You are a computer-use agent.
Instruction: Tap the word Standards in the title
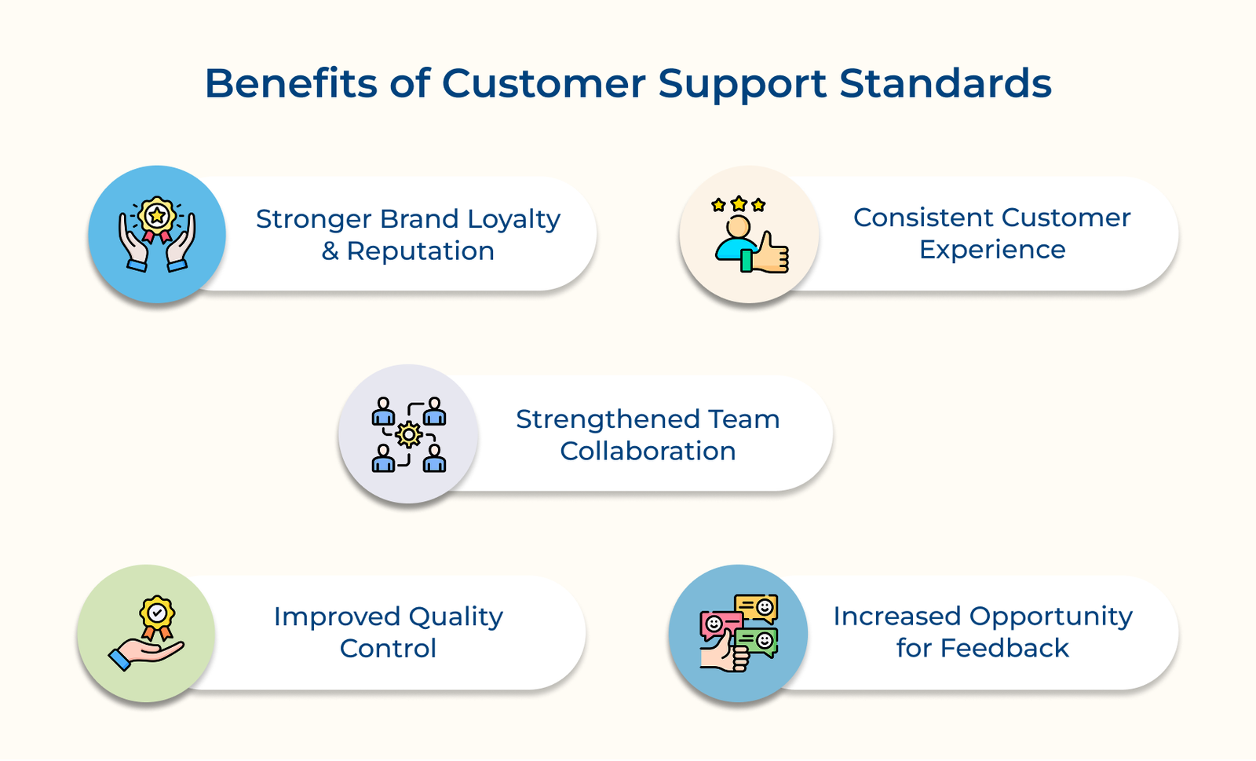(945, 83)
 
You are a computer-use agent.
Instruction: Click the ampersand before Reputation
(330, 251)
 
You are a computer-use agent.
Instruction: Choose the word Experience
(992, 250)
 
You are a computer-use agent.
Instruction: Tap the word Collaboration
(648, 452)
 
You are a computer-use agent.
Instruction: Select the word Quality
(455, 617)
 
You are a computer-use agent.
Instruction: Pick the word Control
(388, 649)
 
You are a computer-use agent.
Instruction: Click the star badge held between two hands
(157, 216)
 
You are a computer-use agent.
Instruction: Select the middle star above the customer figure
(738, 204)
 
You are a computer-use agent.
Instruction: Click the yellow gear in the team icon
(408, 434)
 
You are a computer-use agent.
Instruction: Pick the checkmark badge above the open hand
(157, 613)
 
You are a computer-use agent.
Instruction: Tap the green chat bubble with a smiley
(758, 641)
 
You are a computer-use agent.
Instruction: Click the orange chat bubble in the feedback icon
(757, 607)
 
